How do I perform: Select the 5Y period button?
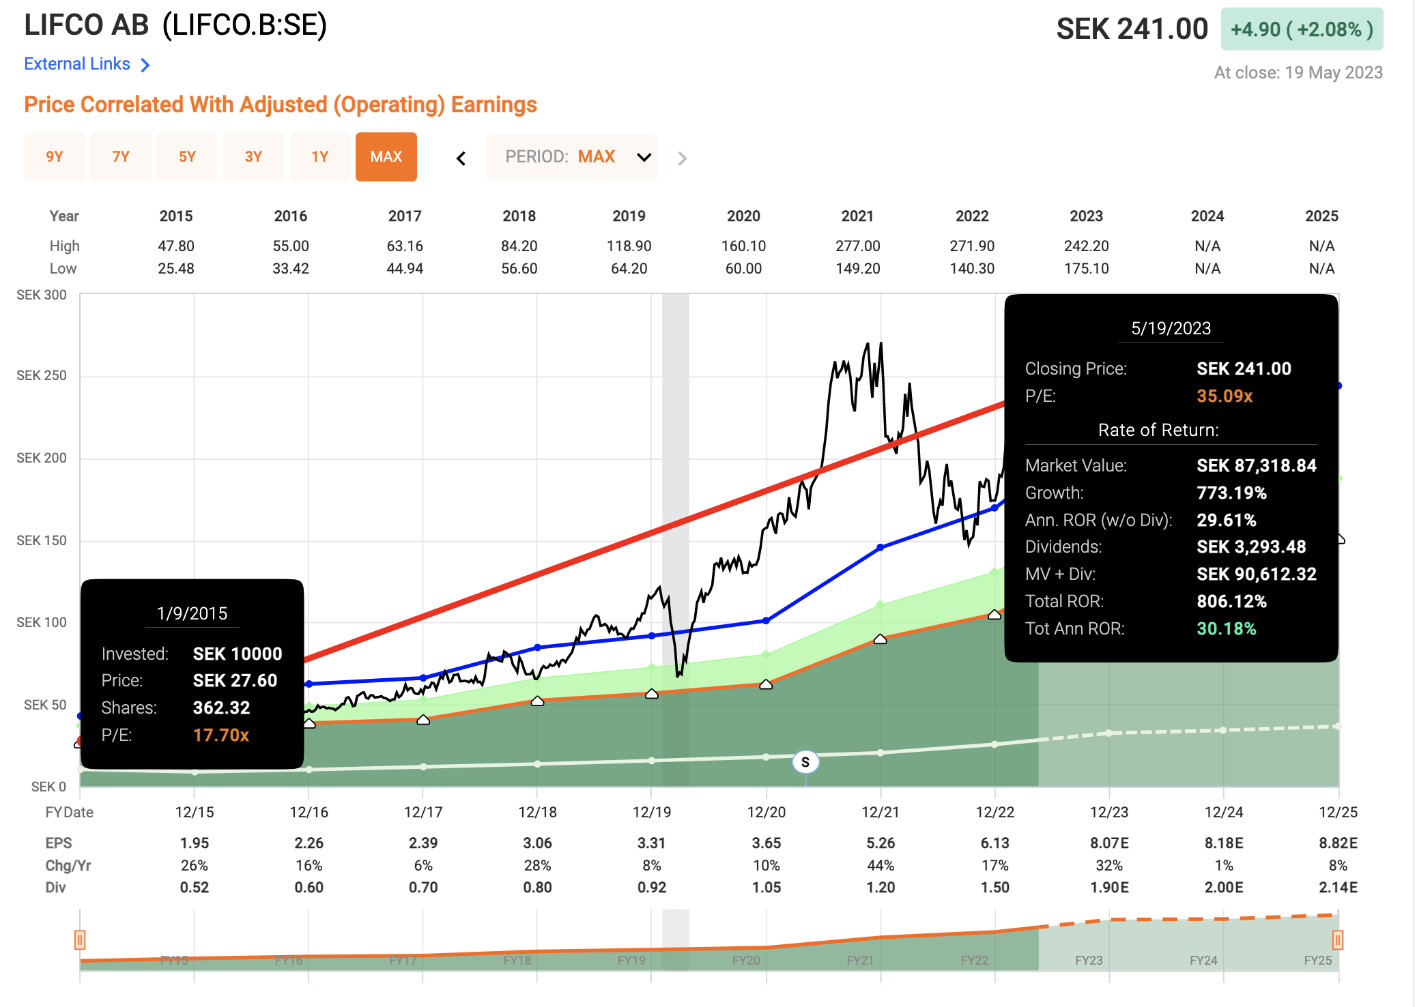[187, 157]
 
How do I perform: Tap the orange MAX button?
[386, 157]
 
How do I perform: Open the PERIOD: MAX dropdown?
[572, 157]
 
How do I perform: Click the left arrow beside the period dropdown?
[461, 158]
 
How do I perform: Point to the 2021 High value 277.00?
[857, 246]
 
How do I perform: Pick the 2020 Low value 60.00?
[743, 269]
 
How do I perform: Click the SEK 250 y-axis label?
[42, 375]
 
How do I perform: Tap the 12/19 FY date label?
[651, 812]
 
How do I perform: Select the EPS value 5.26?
[881, 843]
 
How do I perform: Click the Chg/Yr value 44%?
[881, 865]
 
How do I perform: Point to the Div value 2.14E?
[1338, 888]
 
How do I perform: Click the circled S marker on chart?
[805, 762]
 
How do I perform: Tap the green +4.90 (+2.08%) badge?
[1302, 29]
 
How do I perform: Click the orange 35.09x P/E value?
[1225, 396]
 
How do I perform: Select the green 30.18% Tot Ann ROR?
[1226, 628]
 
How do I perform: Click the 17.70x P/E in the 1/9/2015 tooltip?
[220, 735]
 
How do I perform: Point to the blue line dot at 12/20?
[766, 621]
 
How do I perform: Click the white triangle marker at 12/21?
[881, 639]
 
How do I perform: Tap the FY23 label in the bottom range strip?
[1089, 961]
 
